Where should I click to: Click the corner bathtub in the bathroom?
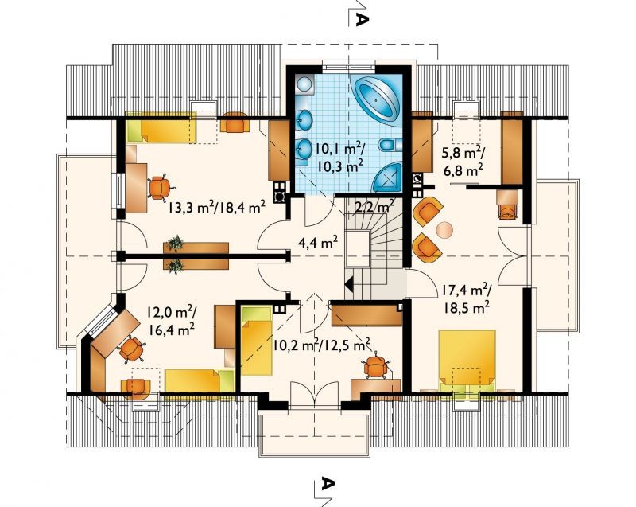377,99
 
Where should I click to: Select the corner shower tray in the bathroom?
387,177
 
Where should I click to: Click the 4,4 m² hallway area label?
318,244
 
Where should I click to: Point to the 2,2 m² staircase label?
374,207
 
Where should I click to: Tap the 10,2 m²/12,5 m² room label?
321,345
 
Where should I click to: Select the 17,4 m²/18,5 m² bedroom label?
466,298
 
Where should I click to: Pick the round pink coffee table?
444,230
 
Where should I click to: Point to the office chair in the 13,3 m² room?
161,187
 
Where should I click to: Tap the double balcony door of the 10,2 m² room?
314,395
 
